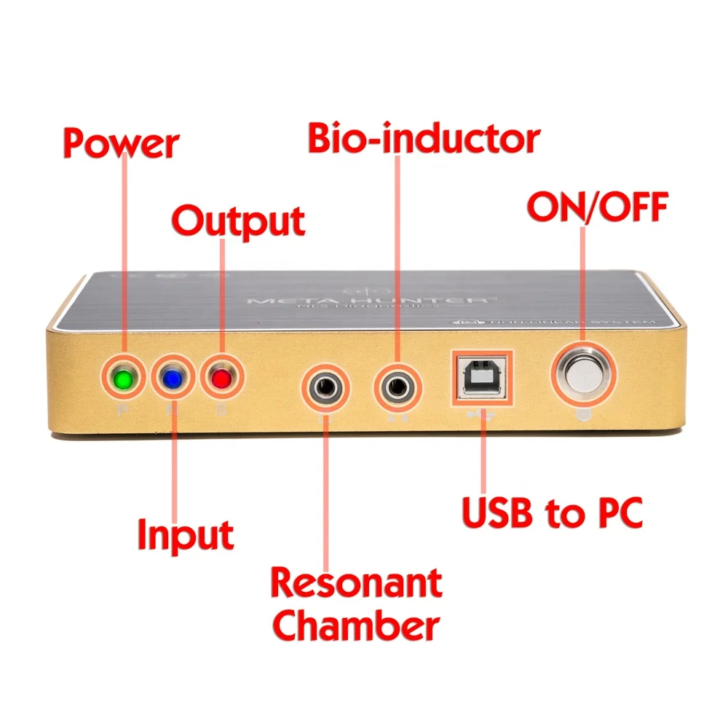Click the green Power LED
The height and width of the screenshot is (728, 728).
(122, 379)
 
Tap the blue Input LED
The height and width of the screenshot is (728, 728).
(173, 379)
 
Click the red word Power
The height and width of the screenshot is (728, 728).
(121, 143)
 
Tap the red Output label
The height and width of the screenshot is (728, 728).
(238, 221)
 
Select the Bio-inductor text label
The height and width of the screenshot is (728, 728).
(424, 138)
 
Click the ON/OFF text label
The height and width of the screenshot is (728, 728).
(597, 208)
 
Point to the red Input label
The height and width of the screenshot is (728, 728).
(186, 535)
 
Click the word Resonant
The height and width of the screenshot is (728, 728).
(356, 583)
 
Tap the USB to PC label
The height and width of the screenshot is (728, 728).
(553, 513)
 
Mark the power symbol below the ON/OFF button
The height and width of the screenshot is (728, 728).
(582, 416)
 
